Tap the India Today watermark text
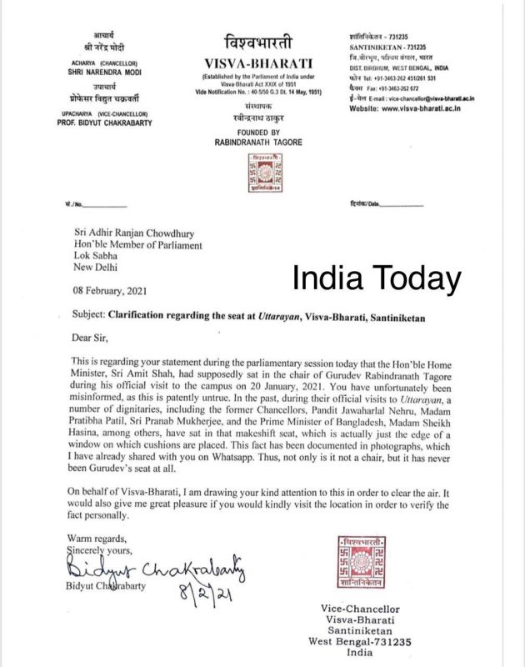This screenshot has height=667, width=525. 377,278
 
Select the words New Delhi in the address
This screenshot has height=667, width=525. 89,268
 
